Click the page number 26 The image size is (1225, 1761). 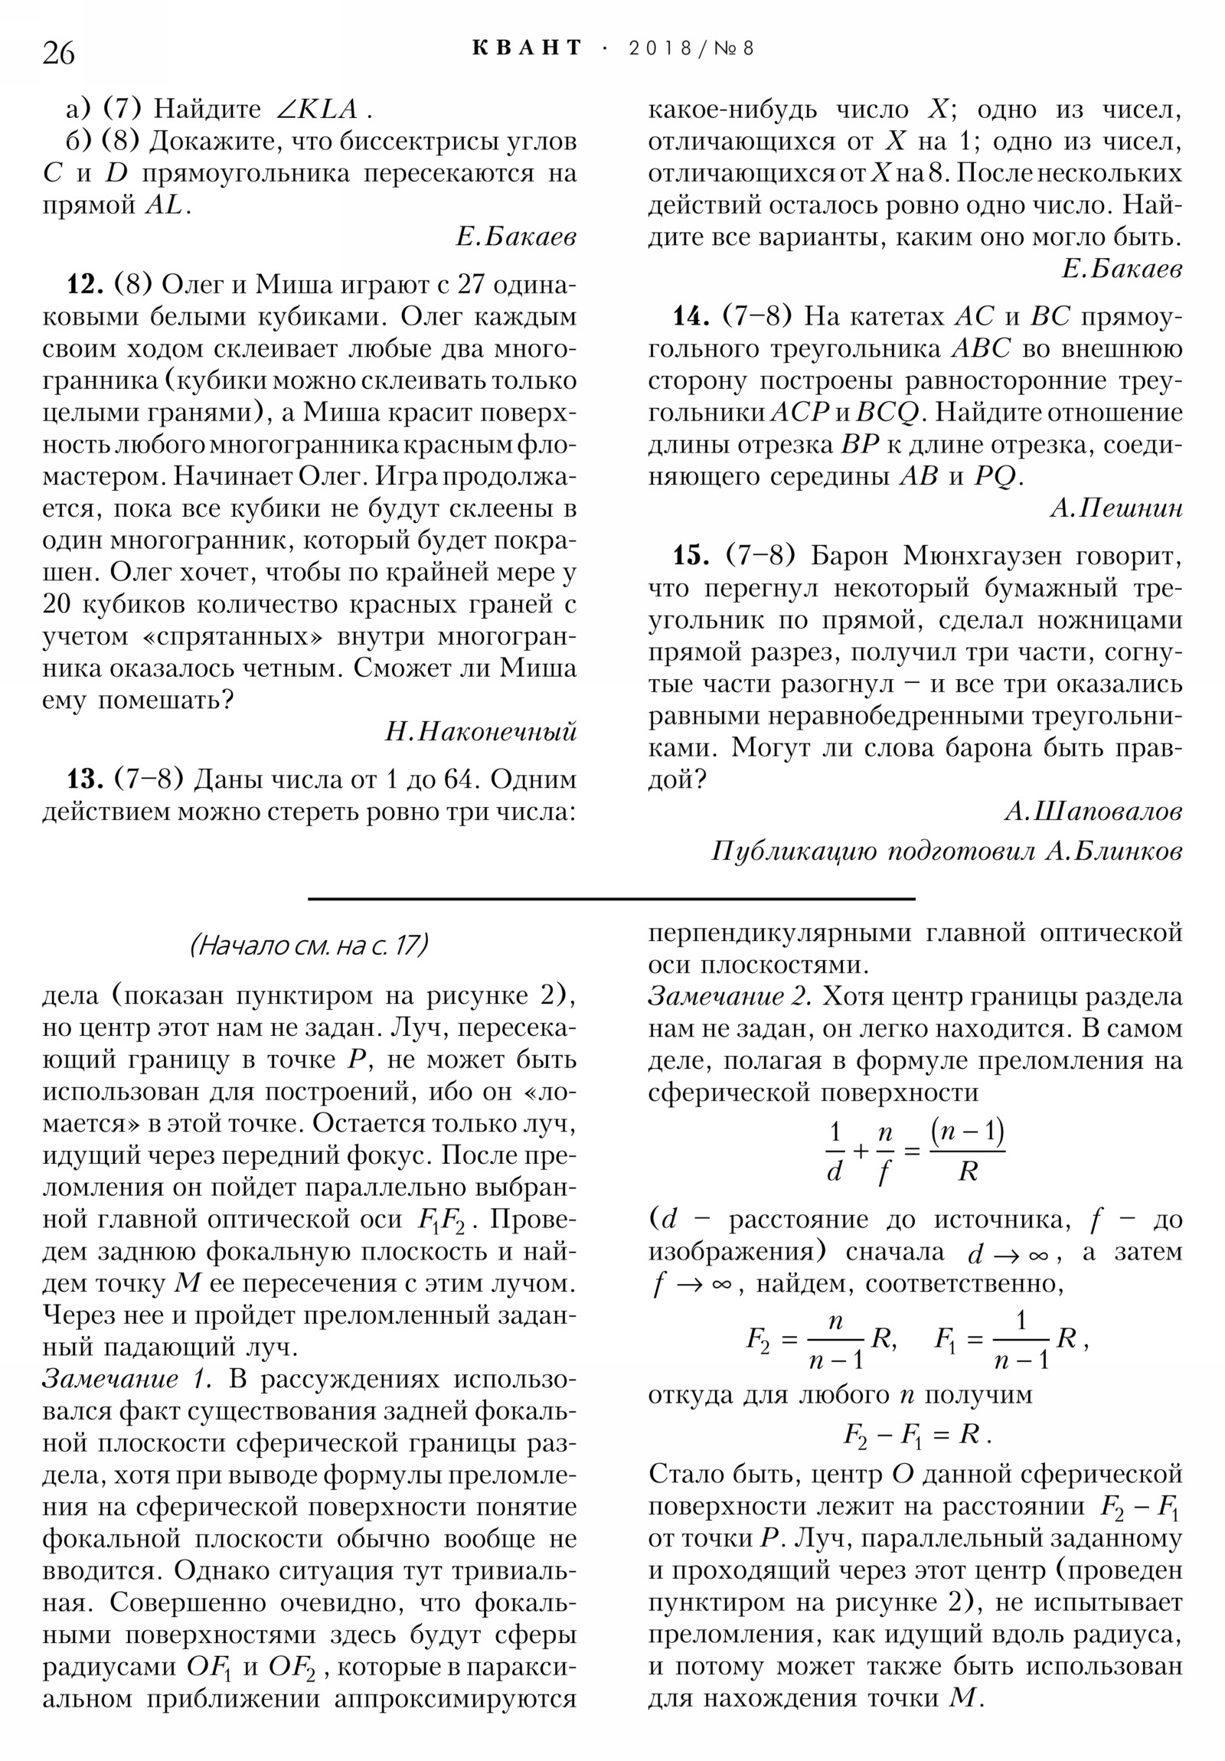coord(58,54)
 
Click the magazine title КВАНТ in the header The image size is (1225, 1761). coord(527,48)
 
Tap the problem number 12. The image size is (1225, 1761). coord(85,285)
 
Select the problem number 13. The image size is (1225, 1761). coord(85,779)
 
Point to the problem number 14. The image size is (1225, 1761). coord(691,316)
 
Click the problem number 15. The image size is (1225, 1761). coord(691,555)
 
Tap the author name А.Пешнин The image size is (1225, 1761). coord(1116,508)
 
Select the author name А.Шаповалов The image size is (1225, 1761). coord(1093,811)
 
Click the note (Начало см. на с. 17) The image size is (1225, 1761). coord(309,945)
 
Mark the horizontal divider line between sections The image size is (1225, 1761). coord(611,898)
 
